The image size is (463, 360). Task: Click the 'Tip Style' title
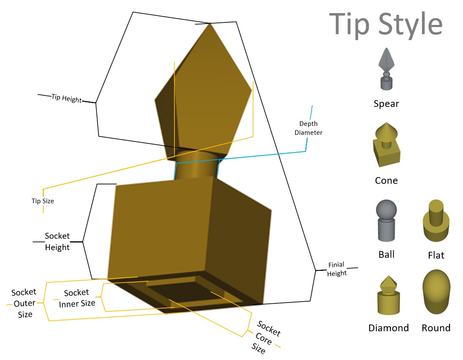tap(386, 24)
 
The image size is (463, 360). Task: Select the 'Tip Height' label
tap(67, 98)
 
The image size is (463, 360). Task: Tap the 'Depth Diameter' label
tap(308, 128)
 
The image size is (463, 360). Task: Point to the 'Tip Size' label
tap(43, 201)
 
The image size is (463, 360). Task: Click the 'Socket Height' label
tap(57, 241)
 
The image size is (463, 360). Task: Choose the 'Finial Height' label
tap(337, 269)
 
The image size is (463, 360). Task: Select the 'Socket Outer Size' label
tap(24, 303)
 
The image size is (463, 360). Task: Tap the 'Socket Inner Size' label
tap(77, 298)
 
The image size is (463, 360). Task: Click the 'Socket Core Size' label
tap(266, 337)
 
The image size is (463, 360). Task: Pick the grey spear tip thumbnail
tap(386, 69)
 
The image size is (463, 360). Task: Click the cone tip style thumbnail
tap(386, 145)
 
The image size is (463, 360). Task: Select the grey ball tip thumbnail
tap(386, 221)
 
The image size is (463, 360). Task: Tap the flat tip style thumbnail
tap(436, 221)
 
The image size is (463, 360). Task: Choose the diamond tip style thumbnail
tap(389, 295)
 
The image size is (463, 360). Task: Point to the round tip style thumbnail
tap(436, 292)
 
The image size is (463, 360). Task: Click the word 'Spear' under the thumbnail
tap(386, 104)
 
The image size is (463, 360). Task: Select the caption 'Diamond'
tap(389, 328)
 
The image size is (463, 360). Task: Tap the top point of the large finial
tap(210, 23)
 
